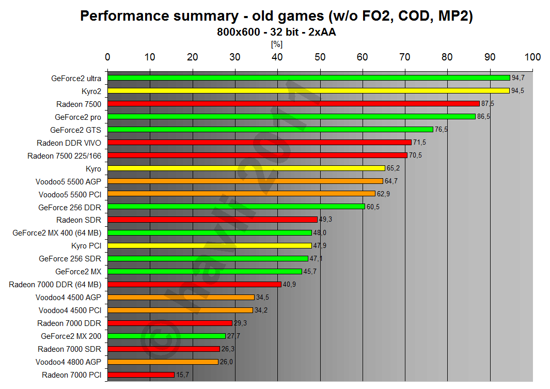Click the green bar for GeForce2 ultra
coord(308,78)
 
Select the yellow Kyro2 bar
coord(308,91)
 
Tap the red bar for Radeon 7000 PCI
coord(141,375)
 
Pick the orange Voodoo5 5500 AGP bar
coord(245,181)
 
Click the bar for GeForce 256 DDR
coord(236,207)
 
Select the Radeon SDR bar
coord(212,220)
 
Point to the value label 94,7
coord(518,78)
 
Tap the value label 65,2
coord(393,168)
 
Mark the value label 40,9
coord(289,285)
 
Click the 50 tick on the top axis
coord(320,57)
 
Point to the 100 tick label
coord(532,57)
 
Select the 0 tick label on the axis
coord(107,57)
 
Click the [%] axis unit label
coord(276,44)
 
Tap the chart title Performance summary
coord(276,17)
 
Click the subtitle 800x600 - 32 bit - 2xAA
coord(276,32)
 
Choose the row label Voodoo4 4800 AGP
coord(68,362)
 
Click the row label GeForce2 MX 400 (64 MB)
coord(57,233)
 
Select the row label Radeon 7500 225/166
coord(64,155)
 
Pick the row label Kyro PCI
coord(86,246)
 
